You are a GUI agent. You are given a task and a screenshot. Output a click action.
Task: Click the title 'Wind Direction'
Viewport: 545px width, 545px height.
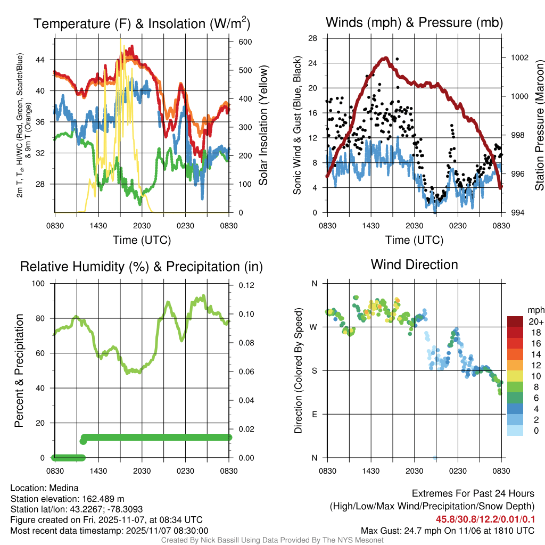(x=414, y=265)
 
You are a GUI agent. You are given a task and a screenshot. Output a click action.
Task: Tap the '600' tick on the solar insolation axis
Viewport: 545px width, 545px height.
(x=237, y=42)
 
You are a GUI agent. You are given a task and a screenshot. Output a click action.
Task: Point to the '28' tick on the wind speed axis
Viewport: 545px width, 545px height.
(x=313, y=38)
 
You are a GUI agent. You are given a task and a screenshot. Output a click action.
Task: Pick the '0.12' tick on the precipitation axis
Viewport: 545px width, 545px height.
(x=242, y=285)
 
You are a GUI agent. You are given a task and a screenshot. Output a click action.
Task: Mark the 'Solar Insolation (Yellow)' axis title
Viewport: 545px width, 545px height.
(x=263, y=125)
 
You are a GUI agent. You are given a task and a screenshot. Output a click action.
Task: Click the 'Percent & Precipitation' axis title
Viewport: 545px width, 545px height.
(x=19, y=370)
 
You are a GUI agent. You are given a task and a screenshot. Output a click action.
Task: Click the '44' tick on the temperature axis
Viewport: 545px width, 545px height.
(x=44, y=60)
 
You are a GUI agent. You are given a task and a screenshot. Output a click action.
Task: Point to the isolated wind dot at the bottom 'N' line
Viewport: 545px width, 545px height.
(x=435, y=457)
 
